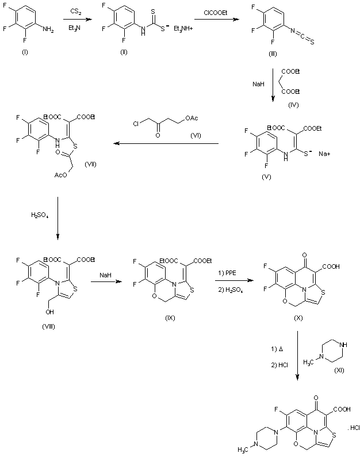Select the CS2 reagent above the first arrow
pyautogui.click(x=75, y=11)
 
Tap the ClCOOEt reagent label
pyautogui.click(x=217, y=11)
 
